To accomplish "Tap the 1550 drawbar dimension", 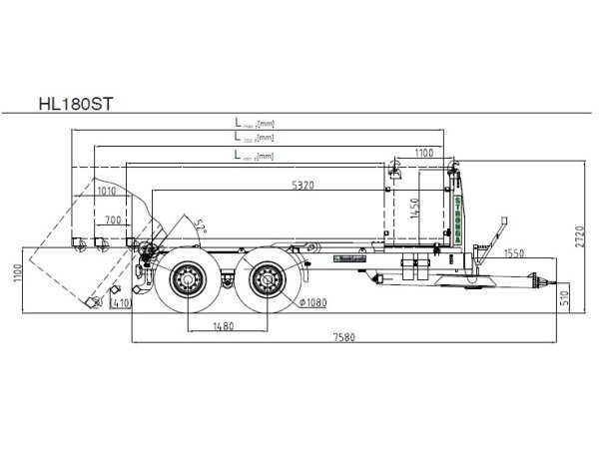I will coord(515,254).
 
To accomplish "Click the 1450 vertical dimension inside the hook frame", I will coord(413,210).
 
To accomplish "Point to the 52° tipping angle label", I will coord(201,224).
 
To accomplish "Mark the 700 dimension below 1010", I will coord(112,218).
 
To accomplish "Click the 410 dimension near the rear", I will coord(122,302).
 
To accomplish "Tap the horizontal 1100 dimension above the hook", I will coord(423,153).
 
